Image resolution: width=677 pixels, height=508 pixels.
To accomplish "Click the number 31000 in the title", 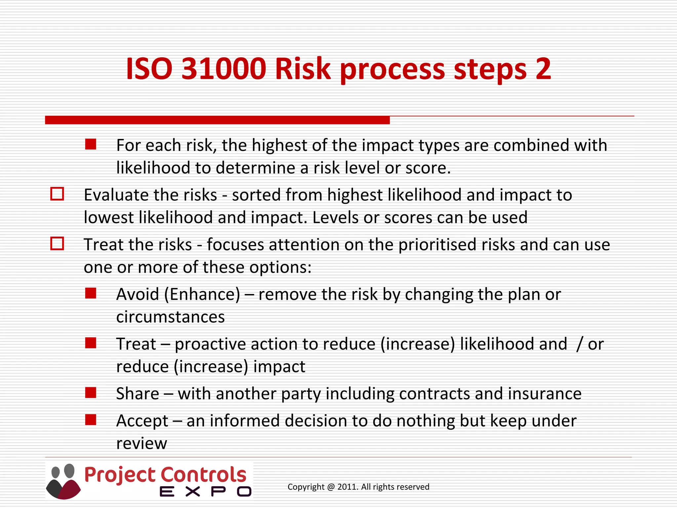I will [224, 69].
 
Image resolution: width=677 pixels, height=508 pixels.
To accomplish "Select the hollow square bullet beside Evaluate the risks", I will [57, 194].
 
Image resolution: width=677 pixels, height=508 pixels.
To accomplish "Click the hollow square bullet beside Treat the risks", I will [57, 243].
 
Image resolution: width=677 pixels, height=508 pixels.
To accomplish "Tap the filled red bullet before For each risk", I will [91, 144].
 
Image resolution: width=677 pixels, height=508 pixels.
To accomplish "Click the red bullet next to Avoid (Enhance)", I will [91, 293].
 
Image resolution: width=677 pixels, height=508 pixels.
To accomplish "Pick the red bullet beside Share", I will [91, 393].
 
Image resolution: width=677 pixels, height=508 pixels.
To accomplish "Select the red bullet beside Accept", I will [91, 420].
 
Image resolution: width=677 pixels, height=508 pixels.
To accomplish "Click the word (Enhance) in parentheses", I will [202, 294].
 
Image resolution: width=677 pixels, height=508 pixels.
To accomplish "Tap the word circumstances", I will [170, 317].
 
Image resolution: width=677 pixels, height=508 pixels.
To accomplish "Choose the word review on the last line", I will [141, 444].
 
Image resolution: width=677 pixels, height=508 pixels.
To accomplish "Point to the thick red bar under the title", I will [217, 120].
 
